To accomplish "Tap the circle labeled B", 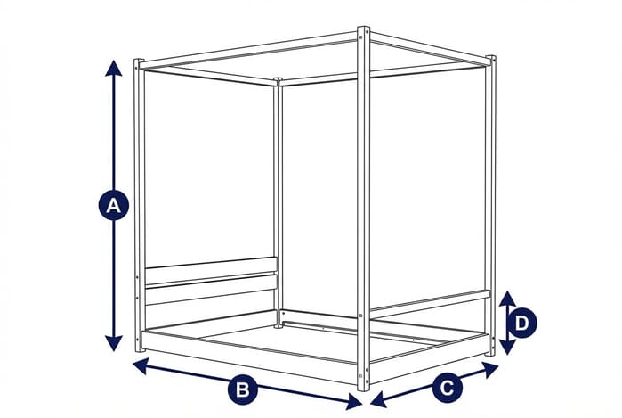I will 242,389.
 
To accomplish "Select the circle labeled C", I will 448,387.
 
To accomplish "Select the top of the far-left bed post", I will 138,63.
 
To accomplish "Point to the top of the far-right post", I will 490,60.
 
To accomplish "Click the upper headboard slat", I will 210,265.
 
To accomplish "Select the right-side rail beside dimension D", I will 429,302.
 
